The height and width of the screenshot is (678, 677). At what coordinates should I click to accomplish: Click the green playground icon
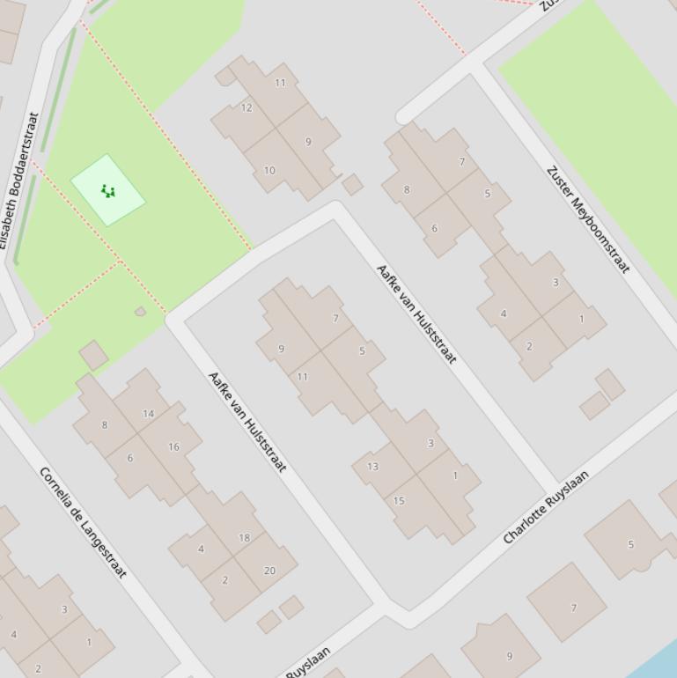(x=108, y=190)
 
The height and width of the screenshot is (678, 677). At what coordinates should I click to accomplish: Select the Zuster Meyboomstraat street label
(x=589, y=219)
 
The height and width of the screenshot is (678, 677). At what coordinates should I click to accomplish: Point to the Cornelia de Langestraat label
(x=84, y=522)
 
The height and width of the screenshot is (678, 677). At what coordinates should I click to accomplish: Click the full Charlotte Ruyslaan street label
(x=545, y=507)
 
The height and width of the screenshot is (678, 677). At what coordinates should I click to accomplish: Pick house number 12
(x=247, y=108)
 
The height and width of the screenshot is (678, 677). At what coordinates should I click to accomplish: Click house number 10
(x=269, y=171)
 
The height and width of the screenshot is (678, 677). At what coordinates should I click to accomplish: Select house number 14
(x=148, y=414)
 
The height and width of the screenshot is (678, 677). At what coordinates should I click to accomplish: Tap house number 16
(x=173, y=447)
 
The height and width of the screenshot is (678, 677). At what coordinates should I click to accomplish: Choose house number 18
(x=244, y=537)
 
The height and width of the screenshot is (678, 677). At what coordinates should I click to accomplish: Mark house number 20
(x=269, y=571)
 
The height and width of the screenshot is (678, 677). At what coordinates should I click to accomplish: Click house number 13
(x=373, y=467)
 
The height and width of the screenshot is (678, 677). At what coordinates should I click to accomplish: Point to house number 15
(x=399, y=501)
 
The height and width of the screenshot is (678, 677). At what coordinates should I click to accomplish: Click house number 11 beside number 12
(x=280, y=84)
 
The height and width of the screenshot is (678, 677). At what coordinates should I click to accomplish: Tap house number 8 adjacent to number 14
(x=105, y=425)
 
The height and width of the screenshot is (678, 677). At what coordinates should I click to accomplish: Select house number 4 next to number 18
(x=201, y=549)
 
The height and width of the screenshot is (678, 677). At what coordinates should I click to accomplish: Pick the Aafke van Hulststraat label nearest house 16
(x=247, y=421)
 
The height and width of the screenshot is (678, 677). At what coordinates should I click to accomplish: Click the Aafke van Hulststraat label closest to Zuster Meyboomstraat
(x=416, y=313)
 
